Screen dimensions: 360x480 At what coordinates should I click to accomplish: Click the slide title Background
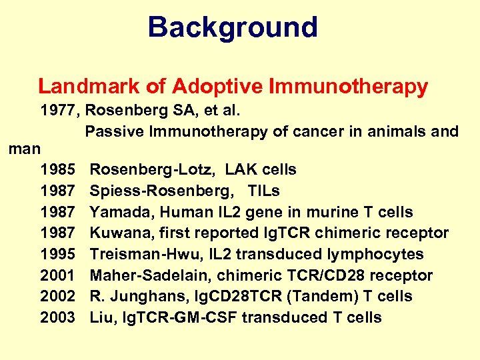[233, 27]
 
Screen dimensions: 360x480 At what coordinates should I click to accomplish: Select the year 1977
[58, 110]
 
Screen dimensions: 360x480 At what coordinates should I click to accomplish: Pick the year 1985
[58, 170]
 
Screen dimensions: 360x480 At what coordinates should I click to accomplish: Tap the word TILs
[263, 191]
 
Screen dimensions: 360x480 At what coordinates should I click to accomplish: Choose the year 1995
[58, 255]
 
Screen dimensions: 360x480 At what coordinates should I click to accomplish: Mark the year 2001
[58, 275]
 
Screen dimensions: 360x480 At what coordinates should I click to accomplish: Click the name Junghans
[137, 297]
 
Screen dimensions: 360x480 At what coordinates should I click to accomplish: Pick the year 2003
[58, 318]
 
